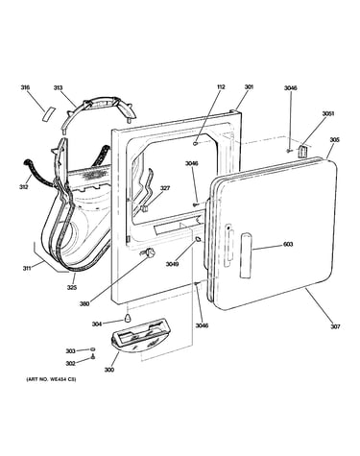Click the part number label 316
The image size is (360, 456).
coord(25,87)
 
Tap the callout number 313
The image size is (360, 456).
coord(58,87)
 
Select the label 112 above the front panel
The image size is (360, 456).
coord(221,86)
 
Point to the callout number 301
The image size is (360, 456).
coord(249,86)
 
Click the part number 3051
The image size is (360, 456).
coord(328,113)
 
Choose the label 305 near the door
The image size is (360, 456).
coord(335,140)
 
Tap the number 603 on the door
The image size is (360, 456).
coord(288,245)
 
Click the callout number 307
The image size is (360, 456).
coord(335,326)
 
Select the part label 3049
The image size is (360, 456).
coord(172,264)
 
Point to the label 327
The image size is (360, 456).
coord(165,188)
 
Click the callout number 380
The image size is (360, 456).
coord(84,303)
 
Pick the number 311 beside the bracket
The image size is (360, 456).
coord(27,269)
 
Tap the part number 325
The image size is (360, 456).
coord(72,287)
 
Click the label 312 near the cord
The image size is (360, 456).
coord(23,186)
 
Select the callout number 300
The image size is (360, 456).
coord(108,370)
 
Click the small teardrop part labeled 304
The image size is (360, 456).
coord(128,319)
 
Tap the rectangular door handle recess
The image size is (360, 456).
coord(246,255)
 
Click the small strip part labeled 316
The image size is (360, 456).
coord(48,114)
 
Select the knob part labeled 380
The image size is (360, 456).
coord(149,253)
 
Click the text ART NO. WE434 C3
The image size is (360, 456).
coord(51,379)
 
